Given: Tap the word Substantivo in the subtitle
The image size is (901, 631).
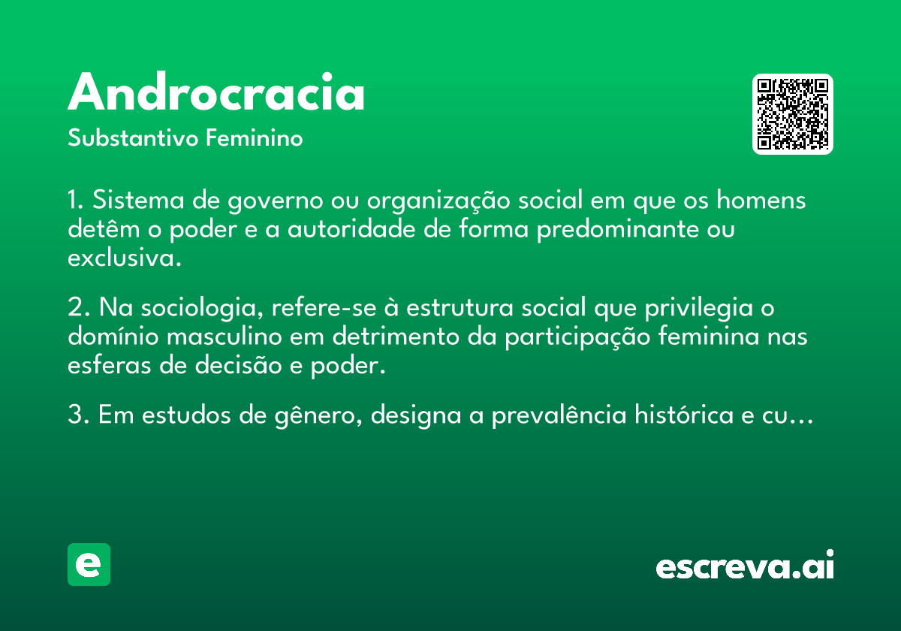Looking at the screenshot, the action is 133,137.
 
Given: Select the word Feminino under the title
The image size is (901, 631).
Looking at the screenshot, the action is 255,137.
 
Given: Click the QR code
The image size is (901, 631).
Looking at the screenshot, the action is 792,114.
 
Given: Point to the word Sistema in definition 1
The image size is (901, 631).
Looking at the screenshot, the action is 138,200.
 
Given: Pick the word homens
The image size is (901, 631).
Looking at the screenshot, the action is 761,199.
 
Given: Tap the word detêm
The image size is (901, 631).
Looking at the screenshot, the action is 104,228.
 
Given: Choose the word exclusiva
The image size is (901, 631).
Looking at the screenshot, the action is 125,257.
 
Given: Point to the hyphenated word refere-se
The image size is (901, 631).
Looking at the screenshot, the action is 324,307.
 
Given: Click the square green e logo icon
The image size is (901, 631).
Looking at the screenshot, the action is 89,564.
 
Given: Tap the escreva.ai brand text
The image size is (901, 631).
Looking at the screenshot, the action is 745,565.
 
